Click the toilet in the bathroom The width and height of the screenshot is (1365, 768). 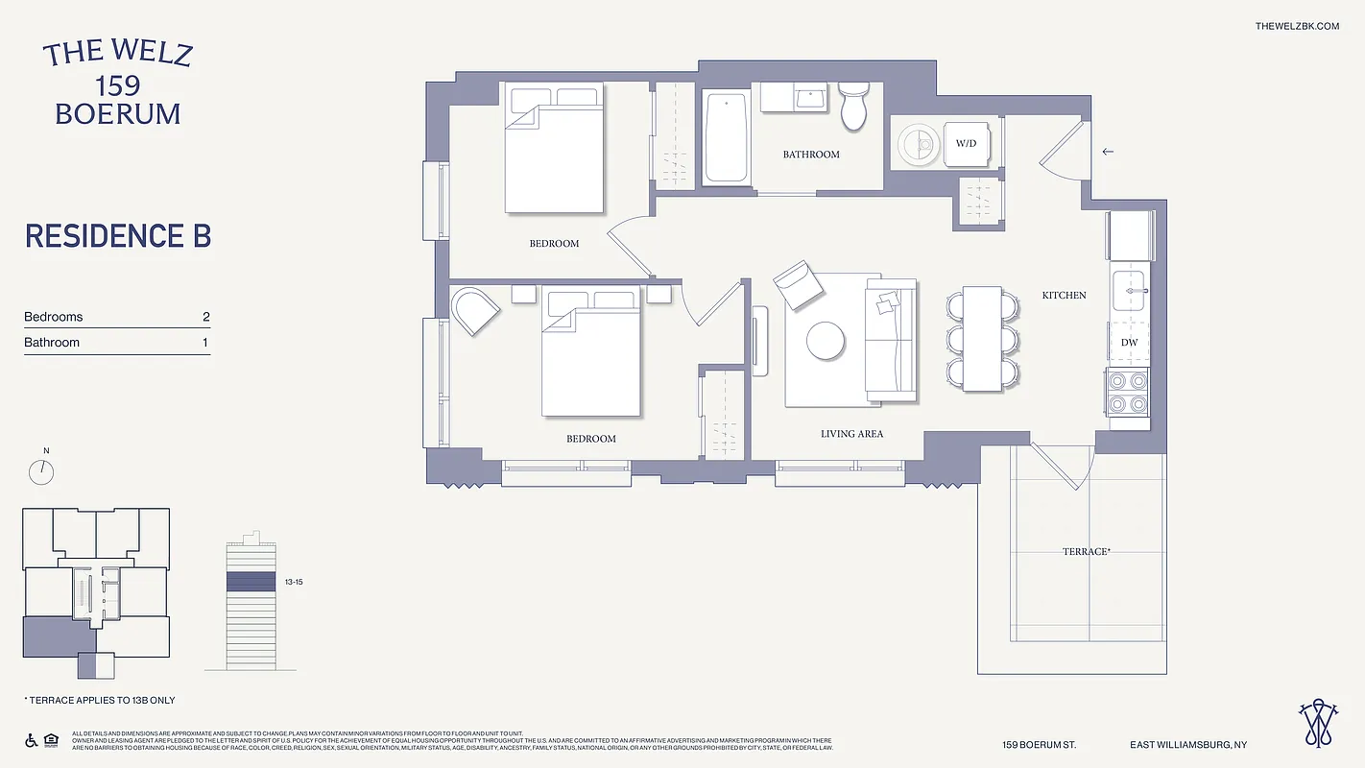click(853, 106)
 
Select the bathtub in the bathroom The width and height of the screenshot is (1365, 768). click(727, 136)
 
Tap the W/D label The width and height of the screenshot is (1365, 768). click(965, 144)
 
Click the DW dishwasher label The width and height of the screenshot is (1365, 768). click(1129, 343)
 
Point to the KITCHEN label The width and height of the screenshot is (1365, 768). click(1064, 296)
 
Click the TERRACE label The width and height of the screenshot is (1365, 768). click(1086, 552)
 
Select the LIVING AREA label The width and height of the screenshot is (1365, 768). click(851, 434)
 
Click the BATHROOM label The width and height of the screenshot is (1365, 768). click(811, 155)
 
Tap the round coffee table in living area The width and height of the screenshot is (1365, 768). click(826, 339)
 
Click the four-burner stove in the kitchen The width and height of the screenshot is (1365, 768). click(1128, 392)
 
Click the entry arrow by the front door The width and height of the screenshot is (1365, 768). click(1108, 152)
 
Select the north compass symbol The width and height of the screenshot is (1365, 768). click(41, 471)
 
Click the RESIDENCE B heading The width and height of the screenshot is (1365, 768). click(118, 236)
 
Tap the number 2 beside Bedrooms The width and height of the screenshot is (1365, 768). click(205, 317)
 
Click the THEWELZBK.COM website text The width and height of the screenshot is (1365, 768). click(1297, 26)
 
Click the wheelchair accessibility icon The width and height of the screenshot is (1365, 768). click(30, 740)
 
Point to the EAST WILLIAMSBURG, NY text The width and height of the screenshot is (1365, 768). click(1188, 745)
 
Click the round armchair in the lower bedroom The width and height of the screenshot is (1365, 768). click(473, 309)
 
